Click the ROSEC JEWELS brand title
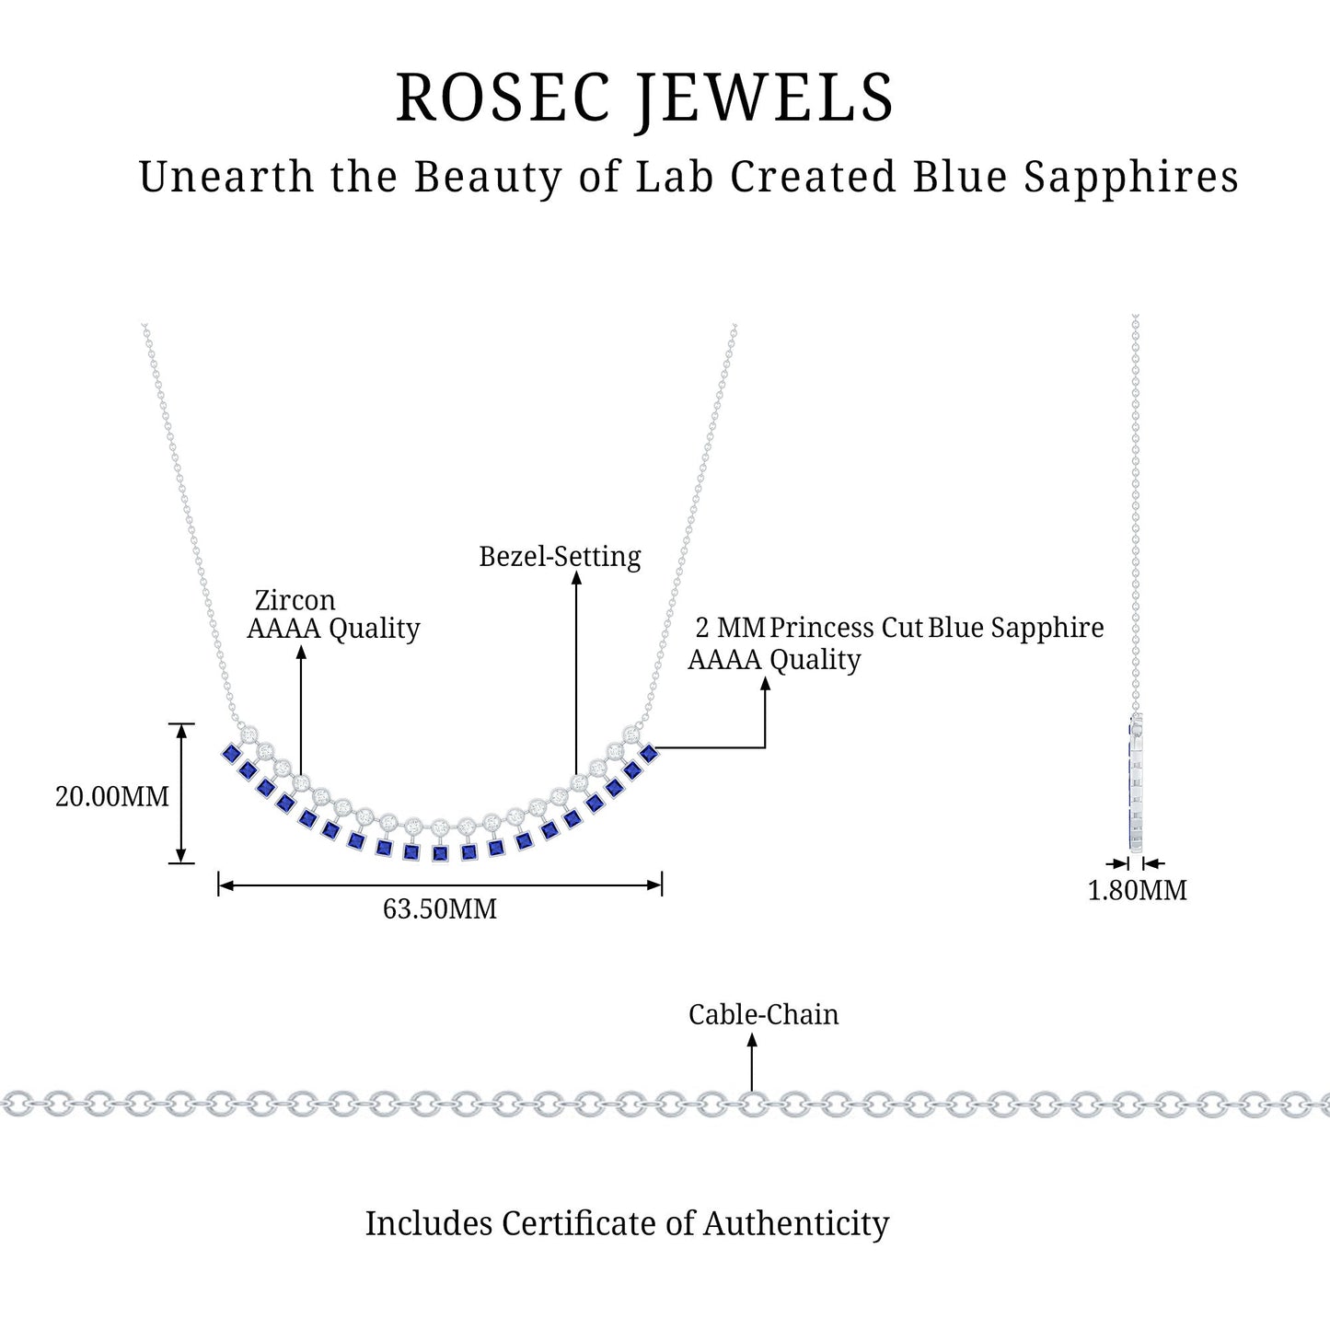click(644, 98)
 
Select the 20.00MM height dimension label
click(112, 796)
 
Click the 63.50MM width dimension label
click(440, 909)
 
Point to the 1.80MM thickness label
click(1138, 891)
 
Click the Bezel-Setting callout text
click(560, 557)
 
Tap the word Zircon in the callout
click(295, 600)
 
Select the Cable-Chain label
click(763, 1014)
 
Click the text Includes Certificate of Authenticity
click(627, 1223)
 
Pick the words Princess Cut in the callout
click(846, 628)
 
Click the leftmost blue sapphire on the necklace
click(230, 754)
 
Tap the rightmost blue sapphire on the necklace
click(649, 754)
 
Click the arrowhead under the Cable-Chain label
click(752, 1040)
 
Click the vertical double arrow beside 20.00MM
click(181, 793)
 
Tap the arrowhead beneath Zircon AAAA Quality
click(301, 652)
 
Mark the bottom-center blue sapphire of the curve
click(440, 854)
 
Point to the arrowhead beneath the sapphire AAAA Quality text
click(765, 683)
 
